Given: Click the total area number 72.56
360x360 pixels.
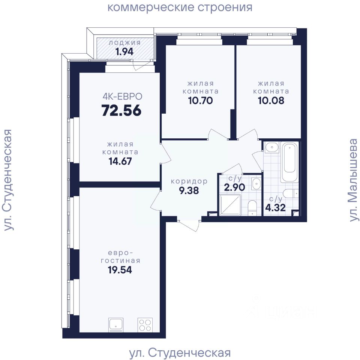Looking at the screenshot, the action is (121, 110).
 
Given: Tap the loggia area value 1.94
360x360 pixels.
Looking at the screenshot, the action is (124, 52).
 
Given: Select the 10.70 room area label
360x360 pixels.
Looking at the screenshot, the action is (200, 100).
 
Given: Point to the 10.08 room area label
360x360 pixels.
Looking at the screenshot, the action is (271, 100).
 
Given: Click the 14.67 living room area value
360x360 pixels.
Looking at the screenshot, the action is (120, 161).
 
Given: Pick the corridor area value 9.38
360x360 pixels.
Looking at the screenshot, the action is (189, 190).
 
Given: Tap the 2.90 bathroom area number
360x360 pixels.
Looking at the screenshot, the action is (234, 187).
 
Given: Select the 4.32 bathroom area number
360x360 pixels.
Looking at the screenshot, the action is (275, 207).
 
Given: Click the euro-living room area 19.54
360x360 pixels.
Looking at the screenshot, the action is (120, 270).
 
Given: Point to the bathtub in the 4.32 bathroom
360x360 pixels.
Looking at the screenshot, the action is (290, 162).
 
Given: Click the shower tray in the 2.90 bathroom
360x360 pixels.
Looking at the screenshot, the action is (230, 205).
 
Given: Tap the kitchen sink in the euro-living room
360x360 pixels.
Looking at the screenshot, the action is (116, 325).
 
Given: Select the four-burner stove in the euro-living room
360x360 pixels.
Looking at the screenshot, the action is (145, 325).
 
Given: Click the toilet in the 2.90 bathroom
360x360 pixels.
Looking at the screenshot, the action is (252, 208).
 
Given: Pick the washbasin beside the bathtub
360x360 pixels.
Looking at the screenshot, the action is (272, 147).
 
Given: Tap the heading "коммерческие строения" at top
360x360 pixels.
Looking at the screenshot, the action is (180, 7).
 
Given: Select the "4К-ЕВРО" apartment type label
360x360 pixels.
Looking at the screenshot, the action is (122, 96).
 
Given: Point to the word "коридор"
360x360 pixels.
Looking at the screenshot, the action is (189, 181).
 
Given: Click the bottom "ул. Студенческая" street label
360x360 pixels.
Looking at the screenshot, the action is (180, 352).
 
